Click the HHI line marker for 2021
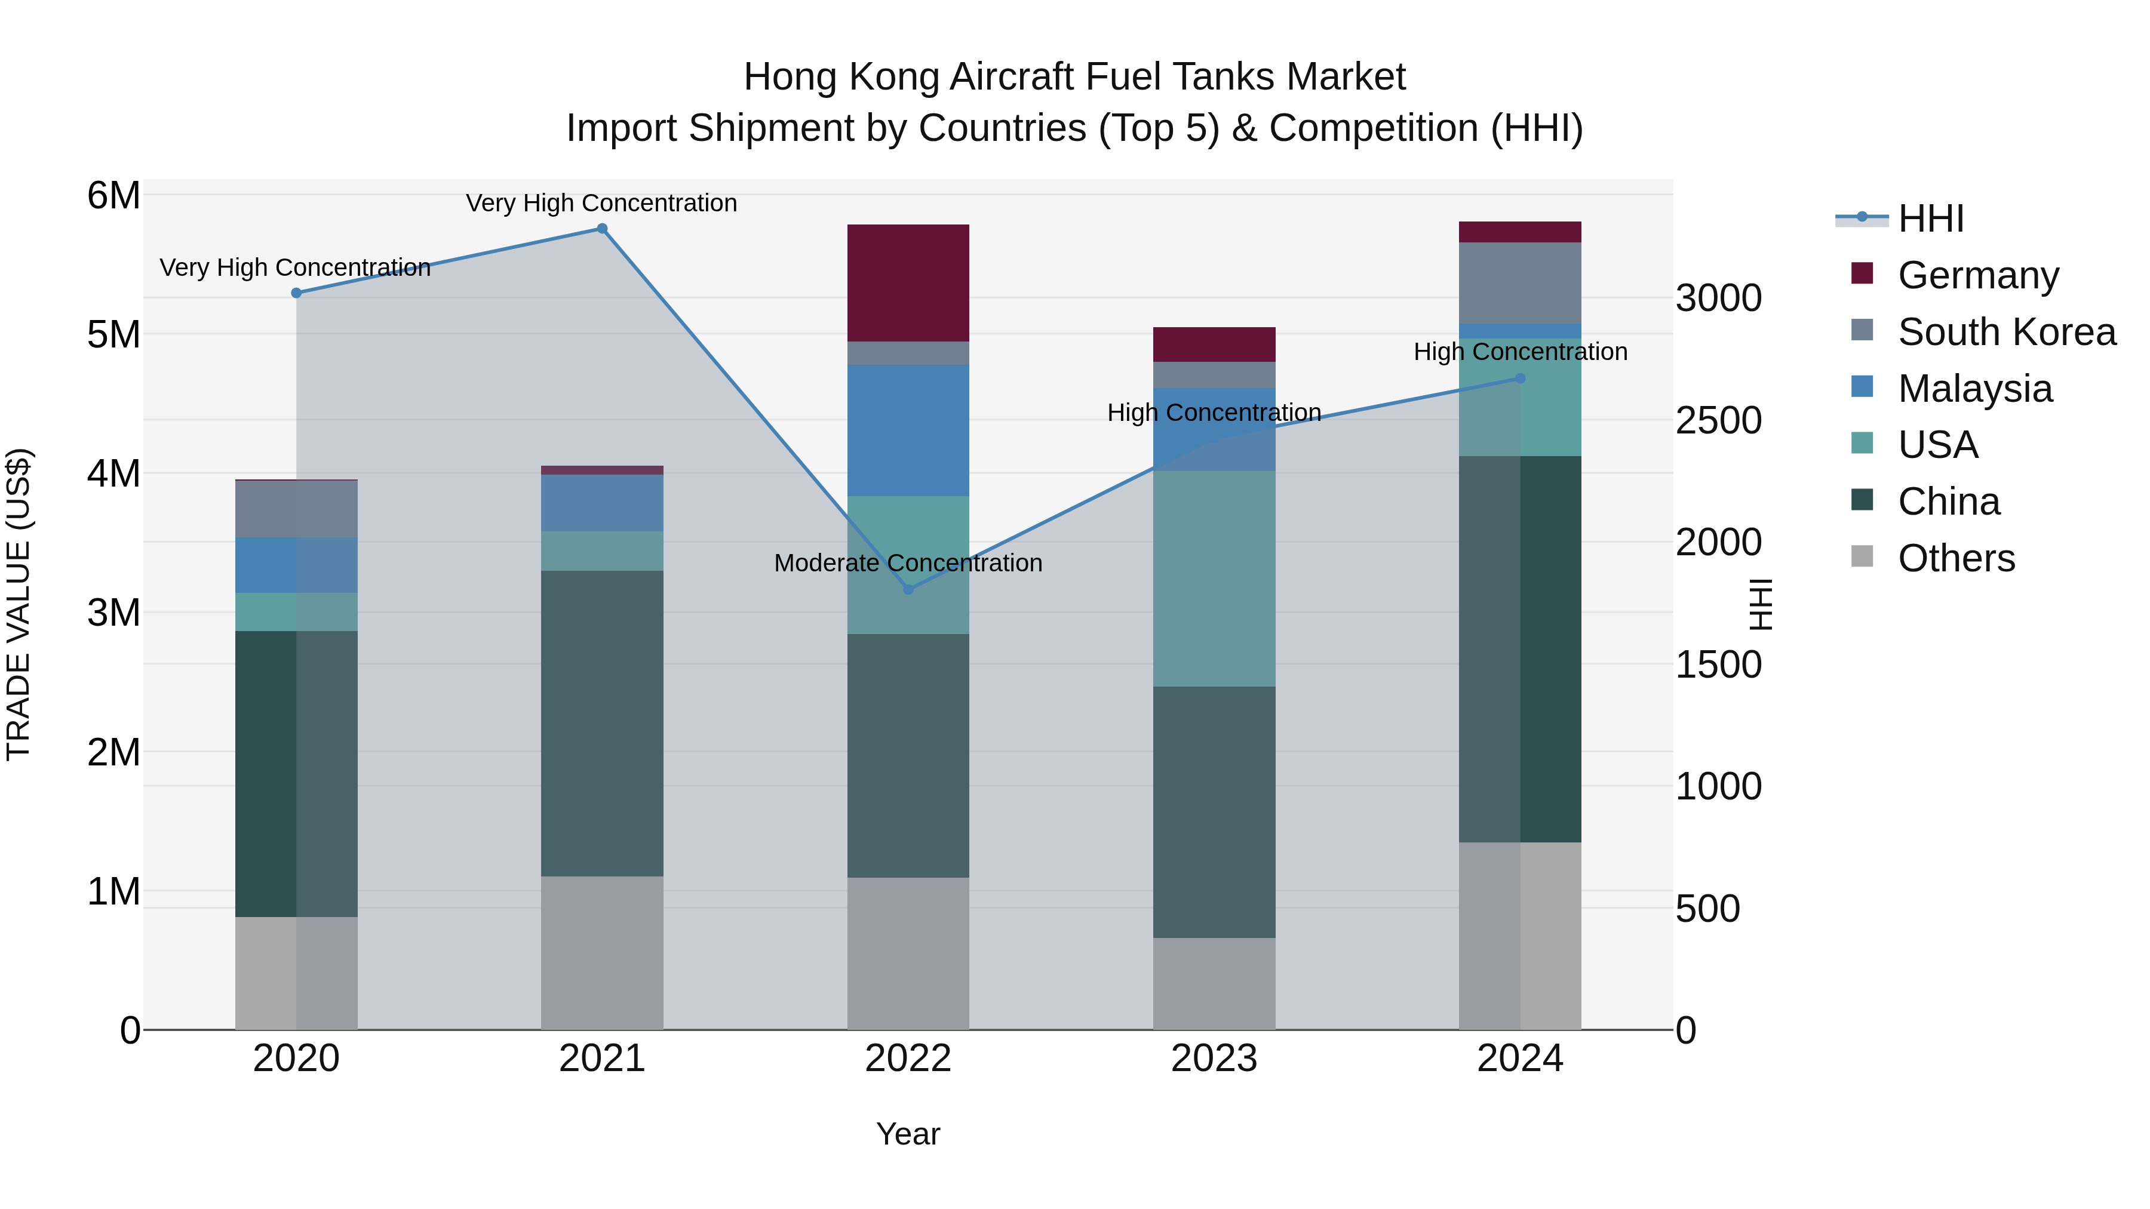point(602,229)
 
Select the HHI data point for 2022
point(908,589)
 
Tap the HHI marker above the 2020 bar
point(296,293)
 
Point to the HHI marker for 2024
point(1520,378)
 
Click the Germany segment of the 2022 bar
point(908,283)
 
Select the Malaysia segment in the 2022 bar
point(908,430)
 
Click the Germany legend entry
point(1978,275)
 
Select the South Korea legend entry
point(2007,332)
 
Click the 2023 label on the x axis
point(1214,1059)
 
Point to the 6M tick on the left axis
point(113,196)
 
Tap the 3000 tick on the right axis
point(1718,298)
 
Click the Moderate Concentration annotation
point(908,563)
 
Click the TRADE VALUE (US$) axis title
point(19,604)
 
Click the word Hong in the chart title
point(791,77)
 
